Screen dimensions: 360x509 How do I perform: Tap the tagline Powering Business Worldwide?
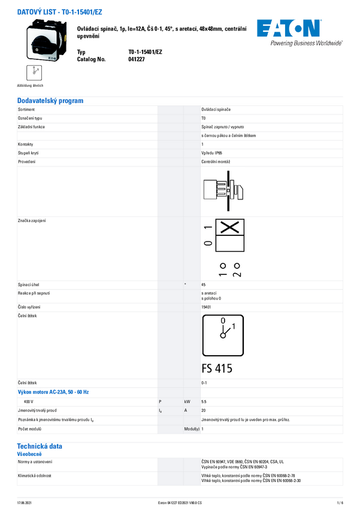(306, 43)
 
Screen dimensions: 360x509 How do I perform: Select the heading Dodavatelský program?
(50, 101)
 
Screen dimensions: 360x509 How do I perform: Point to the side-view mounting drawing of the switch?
(222, 190)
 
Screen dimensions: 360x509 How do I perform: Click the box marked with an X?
(230, 227)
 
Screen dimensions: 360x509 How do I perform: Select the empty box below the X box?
(230, 243)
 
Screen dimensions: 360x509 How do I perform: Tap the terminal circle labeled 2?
(237, 265)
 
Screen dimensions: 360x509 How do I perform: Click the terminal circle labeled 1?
(222, 265)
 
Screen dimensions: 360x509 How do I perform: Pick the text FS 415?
(217, 369)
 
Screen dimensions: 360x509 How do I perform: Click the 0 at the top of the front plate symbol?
(223, 320)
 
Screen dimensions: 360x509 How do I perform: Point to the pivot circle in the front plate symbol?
(223, 336)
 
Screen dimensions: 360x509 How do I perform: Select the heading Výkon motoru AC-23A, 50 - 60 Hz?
(53, 392)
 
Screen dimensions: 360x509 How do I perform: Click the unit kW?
(187, 401)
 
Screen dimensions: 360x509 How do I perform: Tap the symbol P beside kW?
(160, 401)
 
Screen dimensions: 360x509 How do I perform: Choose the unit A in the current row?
(186, 410)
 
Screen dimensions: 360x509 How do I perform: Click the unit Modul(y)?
(192, 429)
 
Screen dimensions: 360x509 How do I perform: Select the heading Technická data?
(40, 446)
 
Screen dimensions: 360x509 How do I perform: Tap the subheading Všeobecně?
(29, 455)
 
